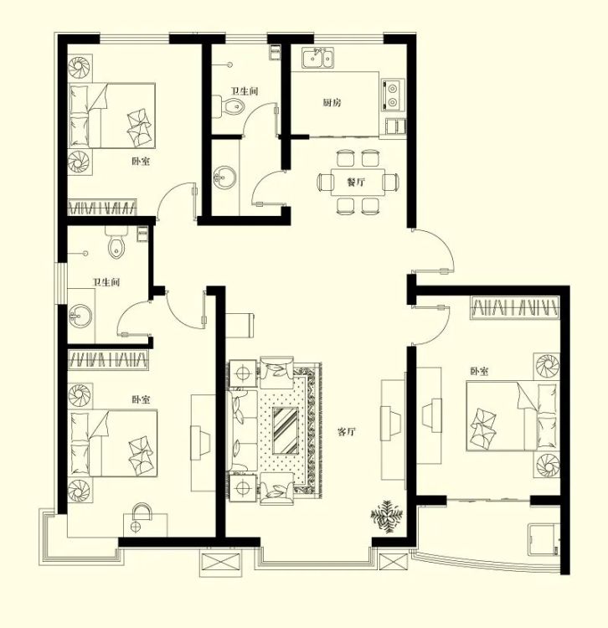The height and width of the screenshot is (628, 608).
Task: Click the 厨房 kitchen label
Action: (332, 102)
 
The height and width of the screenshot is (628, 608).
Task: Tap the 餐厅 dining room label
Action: (356, 183)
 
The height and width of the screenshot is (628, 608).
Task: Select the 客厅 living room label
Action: (347, 432)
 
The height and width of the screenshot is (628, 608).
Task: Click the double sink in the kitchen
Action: (318, 59)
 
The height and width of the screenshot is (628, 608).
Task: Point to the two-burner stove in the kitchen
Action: (393, 95)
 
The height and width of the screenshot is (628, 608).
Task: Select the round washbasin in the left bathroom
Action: (80, 316)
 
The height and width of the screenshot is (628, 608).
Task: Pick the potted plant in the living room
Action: (387, 517)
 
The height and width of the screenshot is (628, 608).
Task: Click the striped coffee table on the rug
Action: (286, 430)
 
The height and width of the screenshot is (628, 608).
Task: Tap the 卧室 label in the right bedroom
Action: (479, 371)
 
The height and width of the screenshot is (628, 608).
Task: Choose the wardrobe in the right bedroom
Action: (515, 308)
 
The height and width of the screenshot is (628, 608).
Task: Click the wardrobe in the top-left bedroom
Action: (101, 208)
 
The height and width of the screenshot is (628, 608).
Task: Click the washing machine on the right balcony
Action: (544, 539)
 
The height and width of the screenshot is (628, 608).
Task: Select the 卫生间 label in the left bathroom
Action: (106, 282)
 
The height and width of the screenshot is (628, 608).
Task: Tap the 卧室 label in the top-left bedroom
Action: (141, 162)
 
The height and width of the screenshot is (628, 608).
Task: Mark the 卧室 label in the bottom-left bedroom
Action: (141, 399)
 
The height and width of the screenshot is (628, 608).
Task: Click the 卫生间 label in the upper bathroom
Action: (245, 91)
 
